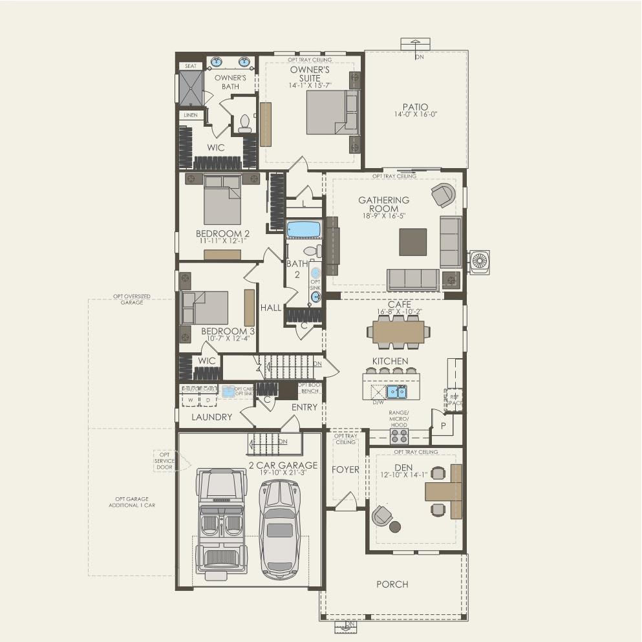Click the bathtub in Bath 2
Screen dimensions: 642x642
click(304, 230)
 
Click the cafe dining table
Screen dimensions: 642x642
click(398, 332)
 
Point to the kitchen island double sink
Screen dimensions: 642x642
click(396, 392)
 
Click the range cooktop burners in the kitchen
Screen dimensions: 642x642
click(399, 435)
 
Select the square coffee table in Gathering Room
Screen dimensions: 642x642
click(412, 242)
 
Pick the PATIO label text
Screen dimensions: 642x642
click(415, 107)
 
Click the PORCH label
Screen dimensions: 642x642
click(392, 584)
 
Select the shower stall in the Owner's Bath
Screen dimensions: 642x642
click(191, 88)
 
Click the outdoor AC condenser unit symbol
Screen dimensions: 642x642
click(480, 262)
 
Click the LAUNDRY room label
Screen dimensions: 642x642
click(211, 417)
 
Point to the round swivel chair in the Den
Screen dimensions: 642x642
click(381, 515)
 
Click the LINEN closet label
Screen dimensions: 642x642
click(191, 115)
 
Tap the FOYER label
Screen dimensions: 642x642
click(345, 469)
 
